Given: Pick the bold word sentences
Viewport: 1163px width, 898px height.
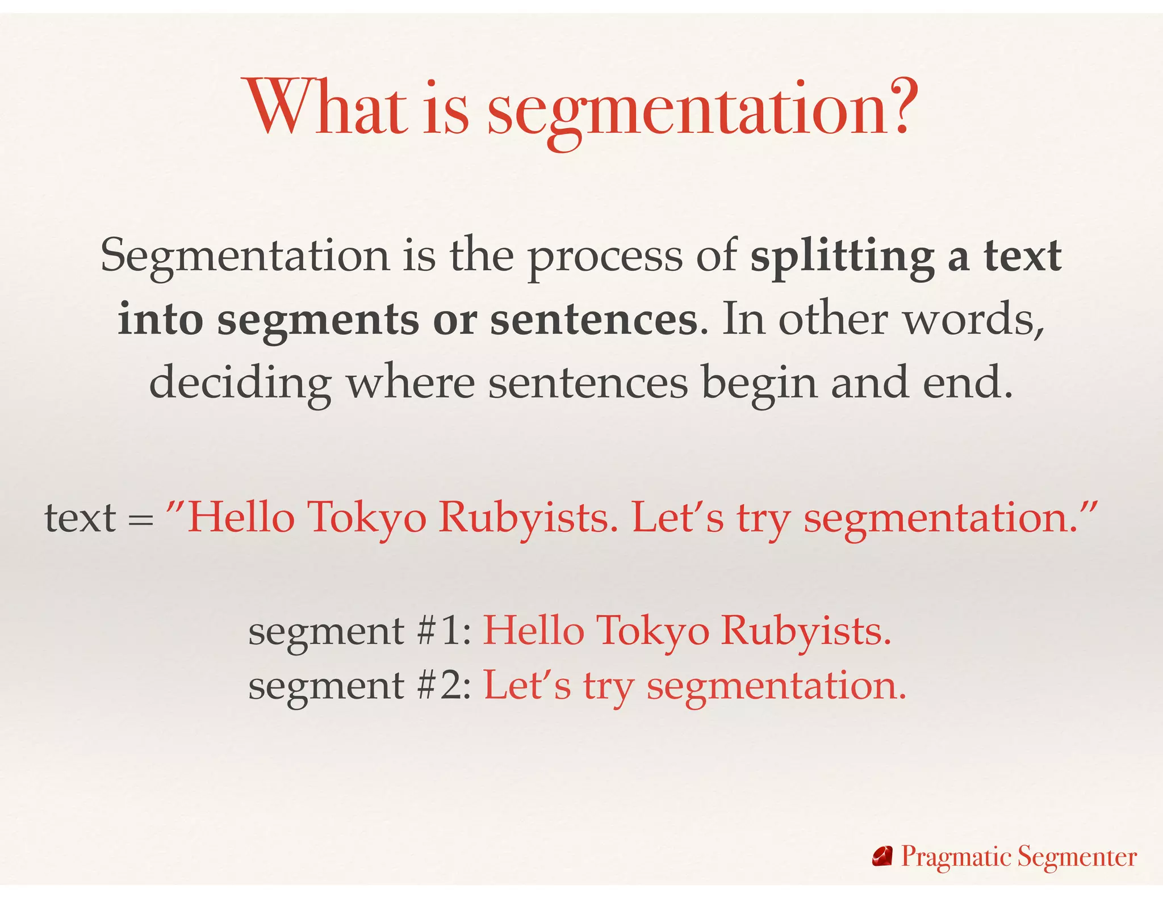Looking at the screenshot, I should pos(593,320).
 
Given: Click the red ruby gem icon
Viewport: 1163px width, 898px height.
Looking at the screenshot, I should pos(882,857).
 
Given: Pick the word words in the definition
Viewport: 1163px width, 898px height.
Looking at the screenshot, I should pos(973,320).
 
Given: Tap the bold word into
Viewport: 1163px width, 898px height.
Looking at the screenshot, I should pos(160,320).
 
